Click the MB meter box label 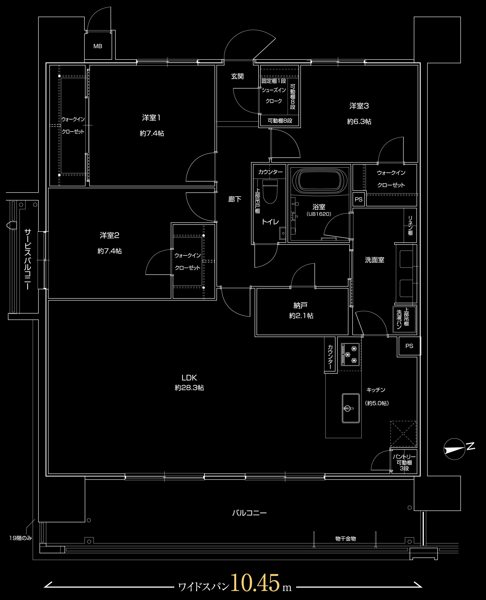98,46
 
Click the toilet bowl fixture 270,191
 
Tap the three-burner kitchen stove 350,355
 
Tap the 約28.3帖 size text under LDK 189,388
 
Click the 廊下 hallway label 235,199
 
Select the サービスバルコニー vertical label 27,259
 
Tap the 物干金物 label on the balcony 345,539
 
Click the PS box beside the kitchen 409,346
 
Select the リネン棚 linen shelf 410,225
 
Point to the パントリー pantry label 404,457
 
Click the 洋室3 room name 359,106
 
